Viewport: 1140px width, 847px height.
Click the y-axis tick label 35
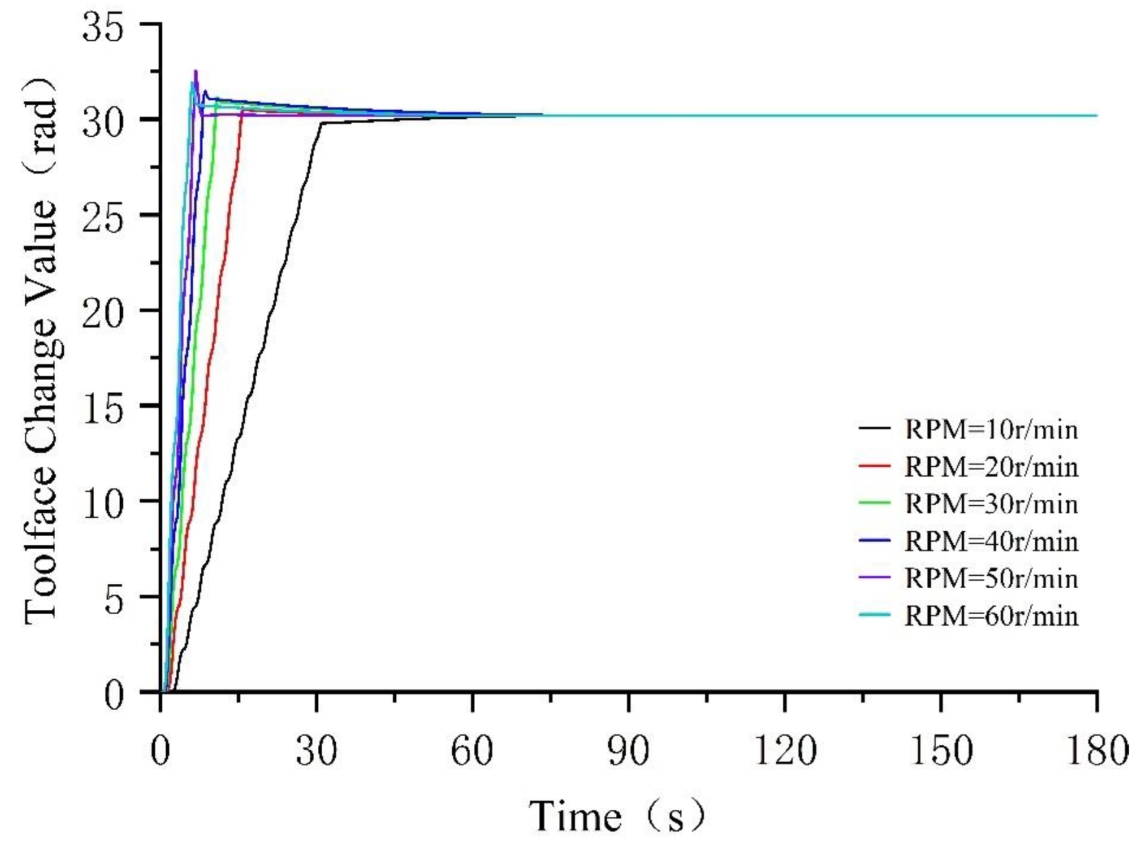[103, 28]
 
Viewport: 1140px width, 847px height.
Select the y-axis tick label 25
[103, 219]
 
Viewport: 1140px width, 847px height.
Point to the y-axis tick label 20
[103, 314]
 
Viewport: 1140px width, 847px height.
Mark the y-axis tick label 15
[103, 409]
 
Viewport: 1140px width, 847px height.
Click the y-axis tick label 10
[103, 505]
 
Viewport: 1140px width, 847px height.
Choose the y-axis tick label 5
[114, 600]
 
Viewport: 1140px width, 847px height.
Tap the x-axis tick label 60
[472, 751]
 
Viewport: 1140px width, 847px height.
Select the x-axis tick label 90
[628, 751]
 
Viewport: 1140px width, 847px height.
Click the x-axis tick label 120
[784, 751]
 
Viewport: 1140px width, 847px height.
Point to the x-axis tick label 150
[940, 751]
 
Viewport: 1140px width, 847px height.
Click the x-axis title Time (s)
[617, 816]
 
